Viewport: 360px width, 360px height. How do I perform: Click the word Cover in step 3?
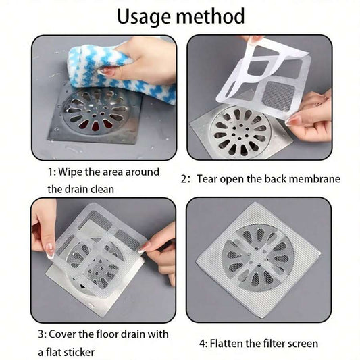point(71,334)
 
